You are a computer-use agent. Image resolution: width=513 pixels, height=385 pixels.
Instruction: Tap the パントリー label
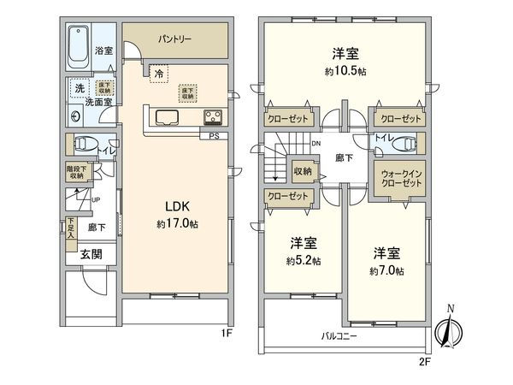point(174,39)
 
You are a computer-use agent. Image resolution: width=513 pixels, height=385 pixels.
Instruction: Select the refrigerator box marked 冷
point(159,74)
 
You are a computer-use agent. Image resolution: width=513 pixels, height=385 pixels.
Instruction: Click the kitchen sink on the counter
point(167,116)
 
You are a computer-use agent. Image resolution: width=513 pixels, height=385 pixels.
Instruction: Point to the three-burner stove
point(213,117)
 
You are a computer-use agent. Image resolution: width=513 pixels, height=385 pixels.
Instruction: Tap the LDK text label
point(177,206)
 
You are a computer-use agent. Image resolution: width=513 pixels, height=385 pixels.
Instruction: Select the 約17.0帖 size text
point(177,223)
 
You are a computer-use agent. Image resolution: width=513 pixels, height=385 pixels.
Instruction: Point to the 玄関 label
point(91,253)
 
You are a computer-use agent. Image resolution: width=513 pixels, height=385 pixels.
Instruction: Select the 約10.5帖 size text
point(344,71)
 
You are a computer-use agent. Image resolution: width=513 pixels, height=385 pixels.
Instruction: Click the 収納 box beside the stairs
point(303,170)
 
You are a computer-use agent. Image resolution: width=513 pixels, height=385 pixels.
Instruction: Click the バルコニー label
point(339,336)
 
